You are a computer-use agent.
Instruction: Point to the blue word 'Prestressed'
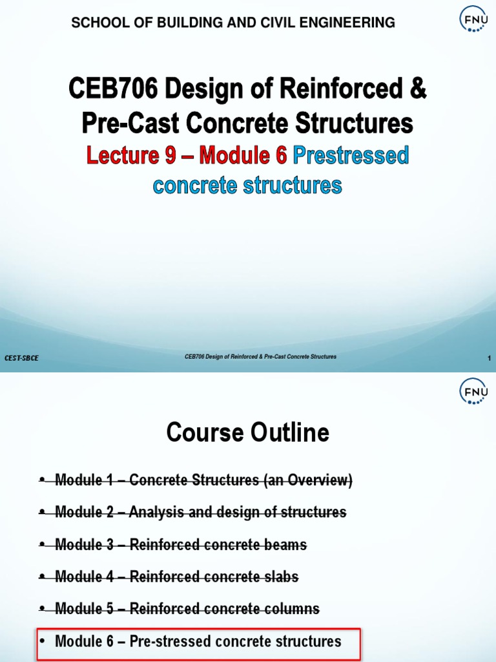click(351, 155)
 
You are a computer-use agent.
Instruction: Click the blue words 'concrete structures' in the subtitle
click(247, 185)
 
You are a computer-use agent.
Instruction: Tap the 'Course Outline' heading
click(247, 432)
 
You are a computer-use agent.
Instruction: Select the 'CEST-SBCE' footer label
click(21, 358)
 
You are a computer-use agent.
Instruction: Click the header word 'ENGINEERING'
click(347, 23)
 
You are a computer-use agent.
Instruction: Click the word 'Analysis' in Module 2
click(156, 513)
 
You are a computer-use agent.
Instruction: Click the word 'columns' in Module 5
click(293, 609)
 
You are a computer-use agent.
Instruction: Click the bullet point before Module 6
click(43, 641)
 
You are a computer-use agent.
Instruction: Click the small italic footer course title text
click(260, 357)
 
